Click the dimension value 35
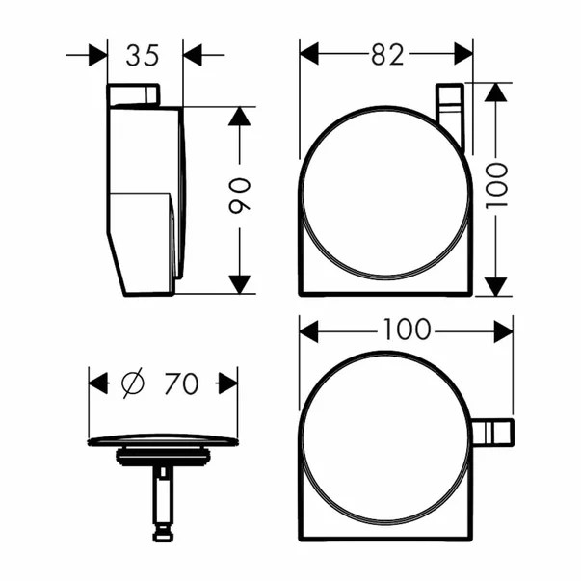[142, 56]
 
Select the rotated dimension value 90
[240, 198]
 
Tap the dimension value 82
[385, 56]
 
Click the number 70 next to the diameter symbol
[180, 383]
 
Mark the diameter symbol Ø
[133, 383]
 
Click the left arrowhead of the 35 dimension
[97, 55]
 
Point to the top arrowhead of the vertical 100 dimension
[495, 93]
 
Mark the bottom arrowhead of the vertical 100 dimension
[495, 286]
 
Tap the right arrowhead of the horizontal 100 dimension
[503, 330]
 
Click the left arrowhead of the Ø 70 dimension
[99, 383]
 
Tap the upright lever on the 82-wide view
[450, 116]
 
